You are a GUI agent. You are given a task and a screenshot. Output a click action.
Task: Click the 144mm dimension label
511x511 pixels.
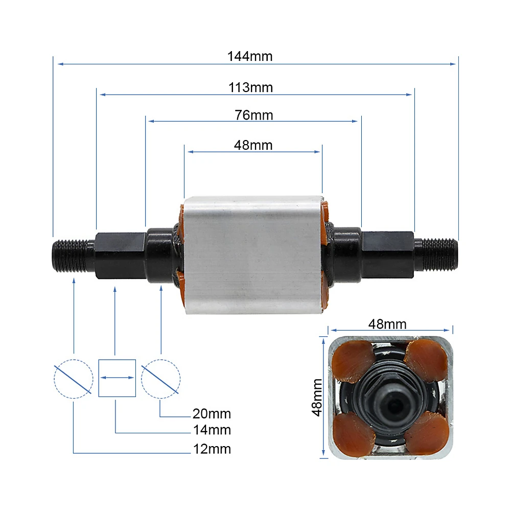pos(250,56)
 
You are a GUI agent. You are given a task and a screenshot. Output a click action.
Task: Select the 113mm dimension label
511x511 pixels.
pos(250,88)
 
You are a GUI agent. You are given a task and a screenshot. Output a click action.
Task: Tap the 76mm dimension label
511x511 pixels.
pos(253,115)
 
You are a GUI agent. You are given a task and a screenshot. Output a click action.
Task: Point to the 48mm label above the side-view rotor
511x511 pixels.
pos(253,145)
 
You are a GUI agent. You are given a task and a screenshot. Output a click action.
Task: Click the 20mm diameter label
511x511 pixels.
pos(212,413)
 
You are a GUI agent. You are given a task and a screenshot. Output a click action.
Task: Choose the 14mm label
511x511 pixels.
pos(212,430)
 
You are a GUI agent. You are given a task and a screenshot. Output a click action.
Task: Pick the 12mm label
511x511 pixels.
pos(212,449)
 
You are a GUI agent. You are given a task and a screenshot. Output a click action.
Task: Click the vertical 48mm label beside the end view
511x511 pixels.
pos(317,398)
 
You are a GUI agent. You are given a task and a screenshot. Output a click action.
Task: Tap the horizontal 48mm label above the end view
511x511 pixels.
pos(387,324)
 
